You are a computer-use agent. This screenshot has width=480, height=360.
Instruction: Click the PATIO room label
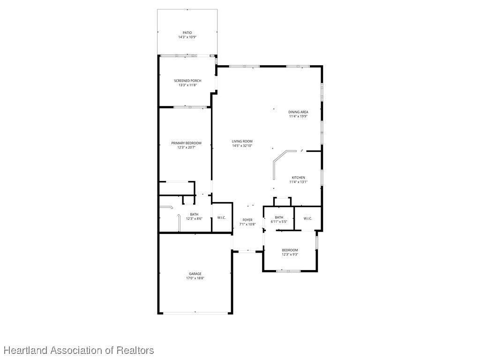(187, 33)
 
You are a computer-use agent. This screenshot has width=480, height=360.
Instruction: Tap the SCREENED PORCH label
(187, 81)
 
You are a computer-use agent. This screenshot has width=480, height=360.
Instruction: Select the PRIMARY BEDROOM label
(186, 143)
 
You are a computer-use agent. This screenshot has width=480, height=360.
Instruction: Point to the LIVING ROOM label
(242, 142)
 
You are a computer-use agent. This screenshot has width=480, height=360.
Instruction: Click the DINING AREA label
(298, 112)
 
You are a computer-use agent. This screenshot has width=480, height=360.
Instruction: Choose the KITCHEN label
(298, 178)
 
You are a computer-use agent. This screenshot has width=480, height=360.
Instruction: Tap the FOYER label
(247, 220)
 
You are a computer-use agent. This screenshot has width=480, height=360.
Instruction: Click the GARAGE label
(195, 274)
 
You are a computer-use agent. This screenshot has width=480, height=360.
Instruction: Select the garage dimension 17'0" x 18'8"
(195, 278)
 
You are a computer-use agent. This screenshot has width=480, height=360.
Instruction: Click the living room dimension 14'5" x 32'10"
(242, 146)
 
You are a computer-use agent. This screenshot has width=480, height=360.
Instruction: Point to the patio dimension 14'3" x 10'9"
(187, 37)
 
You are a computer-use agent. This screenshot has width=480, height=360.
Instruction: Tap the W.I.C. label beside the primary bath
(222, 217)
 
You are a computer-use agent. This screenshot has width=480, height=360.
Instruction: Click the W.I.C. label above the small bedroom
(307, 218)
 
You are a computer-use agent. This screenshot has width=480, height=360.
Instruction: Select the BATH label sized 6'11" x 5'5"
(279, 217)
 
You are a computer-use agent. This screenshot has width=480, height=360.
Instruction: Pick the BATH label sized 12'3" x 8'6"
(194, 214)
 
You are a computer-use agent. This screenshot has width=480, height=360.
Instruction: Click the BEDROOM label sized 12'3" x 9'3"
(290, 250)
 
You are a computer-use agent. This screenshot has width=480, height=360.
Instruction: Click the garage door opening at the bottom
(195, 313)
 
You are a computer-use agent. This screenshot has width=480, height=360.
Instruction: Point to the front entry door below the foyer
(247, 252)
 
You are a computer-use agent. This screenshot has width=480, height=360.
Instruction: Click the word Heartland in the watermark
(26, 350)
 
